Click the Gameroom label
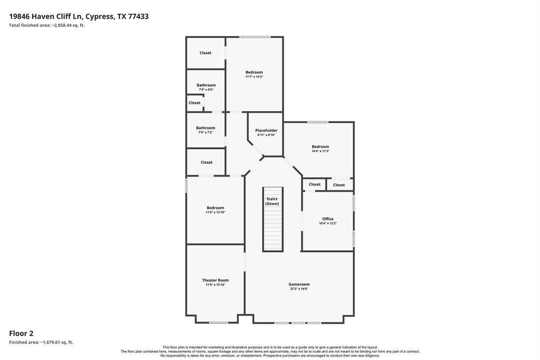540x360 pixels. [299, 284]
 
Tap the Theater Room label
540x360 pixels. [215, 280]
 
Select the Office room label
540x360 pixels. [328, 219]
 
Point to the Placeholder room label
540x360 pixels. [266, 130]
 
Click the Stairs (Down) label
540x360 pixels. [272, 201]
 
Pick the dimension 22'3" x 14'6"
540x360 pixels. [299, 289]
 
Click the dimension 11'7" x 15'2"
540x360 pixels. [254, 77]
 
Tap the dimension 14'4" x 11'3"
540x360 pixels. [320, 151]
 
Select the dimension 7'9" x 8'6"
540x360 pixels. [206, 90]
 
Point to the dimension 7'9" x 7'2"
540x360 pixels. [206, 132]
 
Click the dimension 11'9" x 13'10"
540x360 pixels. [215, 212]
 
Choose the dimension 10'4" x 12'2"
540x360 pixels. [328, 223]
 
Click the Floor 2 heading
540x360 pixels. [21, 334]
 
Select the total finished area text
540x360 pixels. [47, 25]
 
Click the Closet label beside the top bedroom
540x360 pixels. [205, 53]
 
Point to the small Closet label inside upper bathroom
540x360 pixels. [194, 103]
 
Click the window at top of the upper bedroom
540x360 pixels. [255, 37]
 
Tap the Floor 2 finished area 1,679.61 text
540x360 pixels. [41, 342]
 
